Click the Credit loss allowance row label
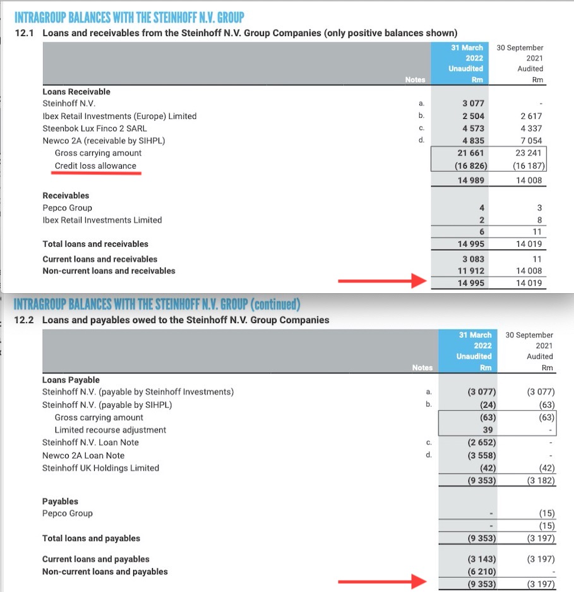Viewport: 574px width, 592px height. pos(95,166)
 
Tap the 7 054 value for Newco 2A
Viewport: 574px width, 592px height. pos(529,141)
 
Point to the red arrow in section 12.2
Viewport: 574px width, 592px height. pos(376,581)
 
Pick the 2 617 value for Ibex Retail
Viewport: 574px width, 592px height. pos(529,116)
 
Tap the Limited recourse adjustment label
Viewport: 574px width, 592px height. pos(111,430)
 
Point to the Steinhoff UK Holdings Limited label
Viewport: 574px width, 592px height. pos(100,468)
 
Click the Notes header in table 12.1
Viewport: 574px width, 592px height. pos(415,80)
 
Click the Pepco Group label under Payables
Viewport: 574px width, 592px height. pos(68,513)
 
